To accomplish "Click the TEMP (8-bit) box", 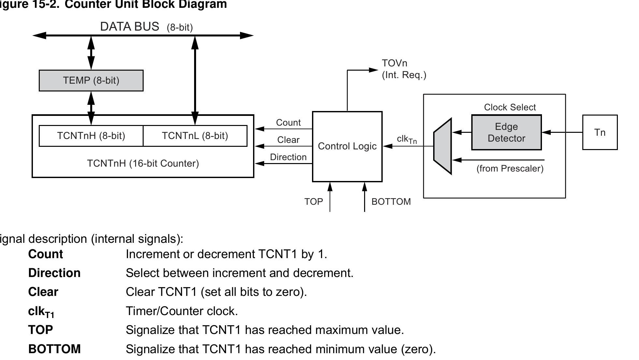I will [x=91, y=80].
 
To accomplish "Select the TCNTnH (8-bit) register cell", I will [x=91, y=136].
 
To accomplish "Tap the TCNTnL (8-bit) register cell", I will [x=195, y=136].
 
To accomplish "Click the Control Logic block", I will [x=347, y=146].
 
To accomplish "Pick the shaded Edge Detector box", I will [x=506, y=132].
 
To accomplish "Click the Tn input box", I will [x=600, y=132].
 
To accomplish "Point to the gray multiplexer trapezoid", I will [x=443, y=146].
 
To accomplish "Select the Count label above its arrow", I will [x=288, y=123].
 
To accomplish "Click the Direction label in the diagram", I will [x=288, y=157].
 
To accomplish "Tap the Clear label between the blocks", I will [x=288, y=140].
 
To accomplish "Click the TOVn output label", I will [x=394, y=63].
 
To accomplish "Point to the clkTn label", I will [x=406, y=139].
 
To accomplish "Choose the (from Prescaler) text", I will [x=510, y=169].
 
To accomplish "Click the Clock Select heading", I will [x=510, y=107].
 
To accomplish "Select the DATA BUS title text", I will [x=130, y=27].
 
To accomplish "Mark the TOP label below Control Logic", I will [x=314, y=202].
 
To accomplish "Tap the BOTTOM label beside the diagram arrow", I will [x=391, y=202].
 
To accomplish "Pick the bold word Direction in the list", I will [x=54, y=273].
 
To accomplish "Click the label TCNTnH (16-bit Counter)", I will [x=143, y=163].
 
